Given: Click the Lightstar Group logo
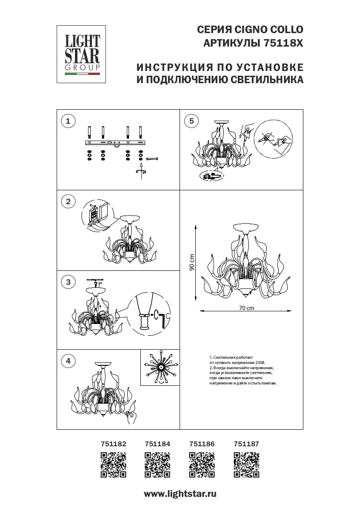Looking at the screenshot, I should (82, 54).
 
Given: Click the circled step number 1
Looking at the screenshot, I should (68, 121).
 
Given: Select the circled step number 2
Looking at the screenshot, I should (68, 201).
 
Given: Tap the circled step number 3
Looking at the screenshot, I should (68, 282).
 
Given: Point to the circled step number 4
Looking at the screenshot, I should (68, 361).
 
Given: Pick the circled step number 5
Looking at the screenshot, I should (191, 121).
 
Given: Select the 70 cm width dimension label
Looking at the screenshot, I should (246, 308).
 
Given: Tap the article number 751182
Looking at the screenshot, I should (113, 444).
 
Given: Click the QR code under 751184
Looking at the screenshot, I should (157, 465).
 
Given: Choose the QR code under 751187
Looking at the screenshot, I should (246, 465).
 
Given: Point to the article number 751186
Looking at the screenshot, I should (202, 444).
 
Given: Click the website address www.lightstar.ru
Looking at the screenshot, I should (180, 494).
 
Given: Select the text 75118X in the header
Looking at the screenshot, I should (283, 44).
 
